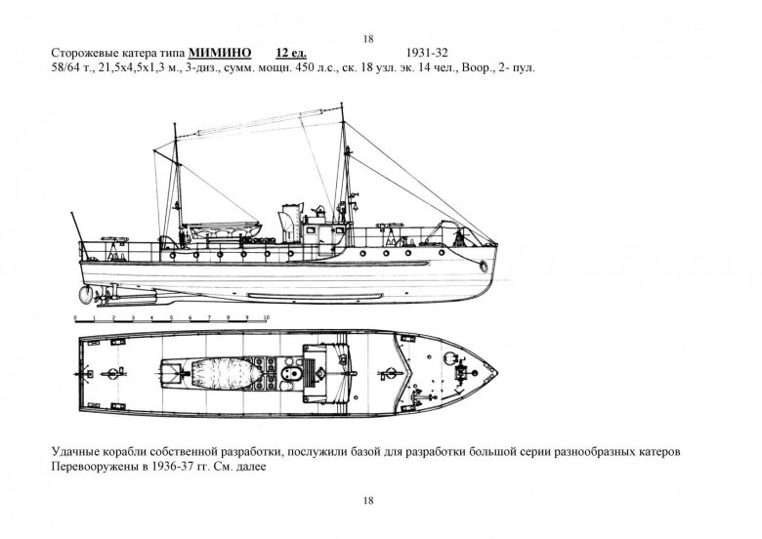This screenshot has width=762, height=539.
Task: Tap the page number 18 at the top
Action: click(367, 38)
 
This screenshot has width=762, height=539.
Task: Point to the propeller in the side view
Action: click(87, 290)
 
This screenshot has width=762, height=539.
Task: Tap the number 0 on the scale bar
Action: click(76, 317)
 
